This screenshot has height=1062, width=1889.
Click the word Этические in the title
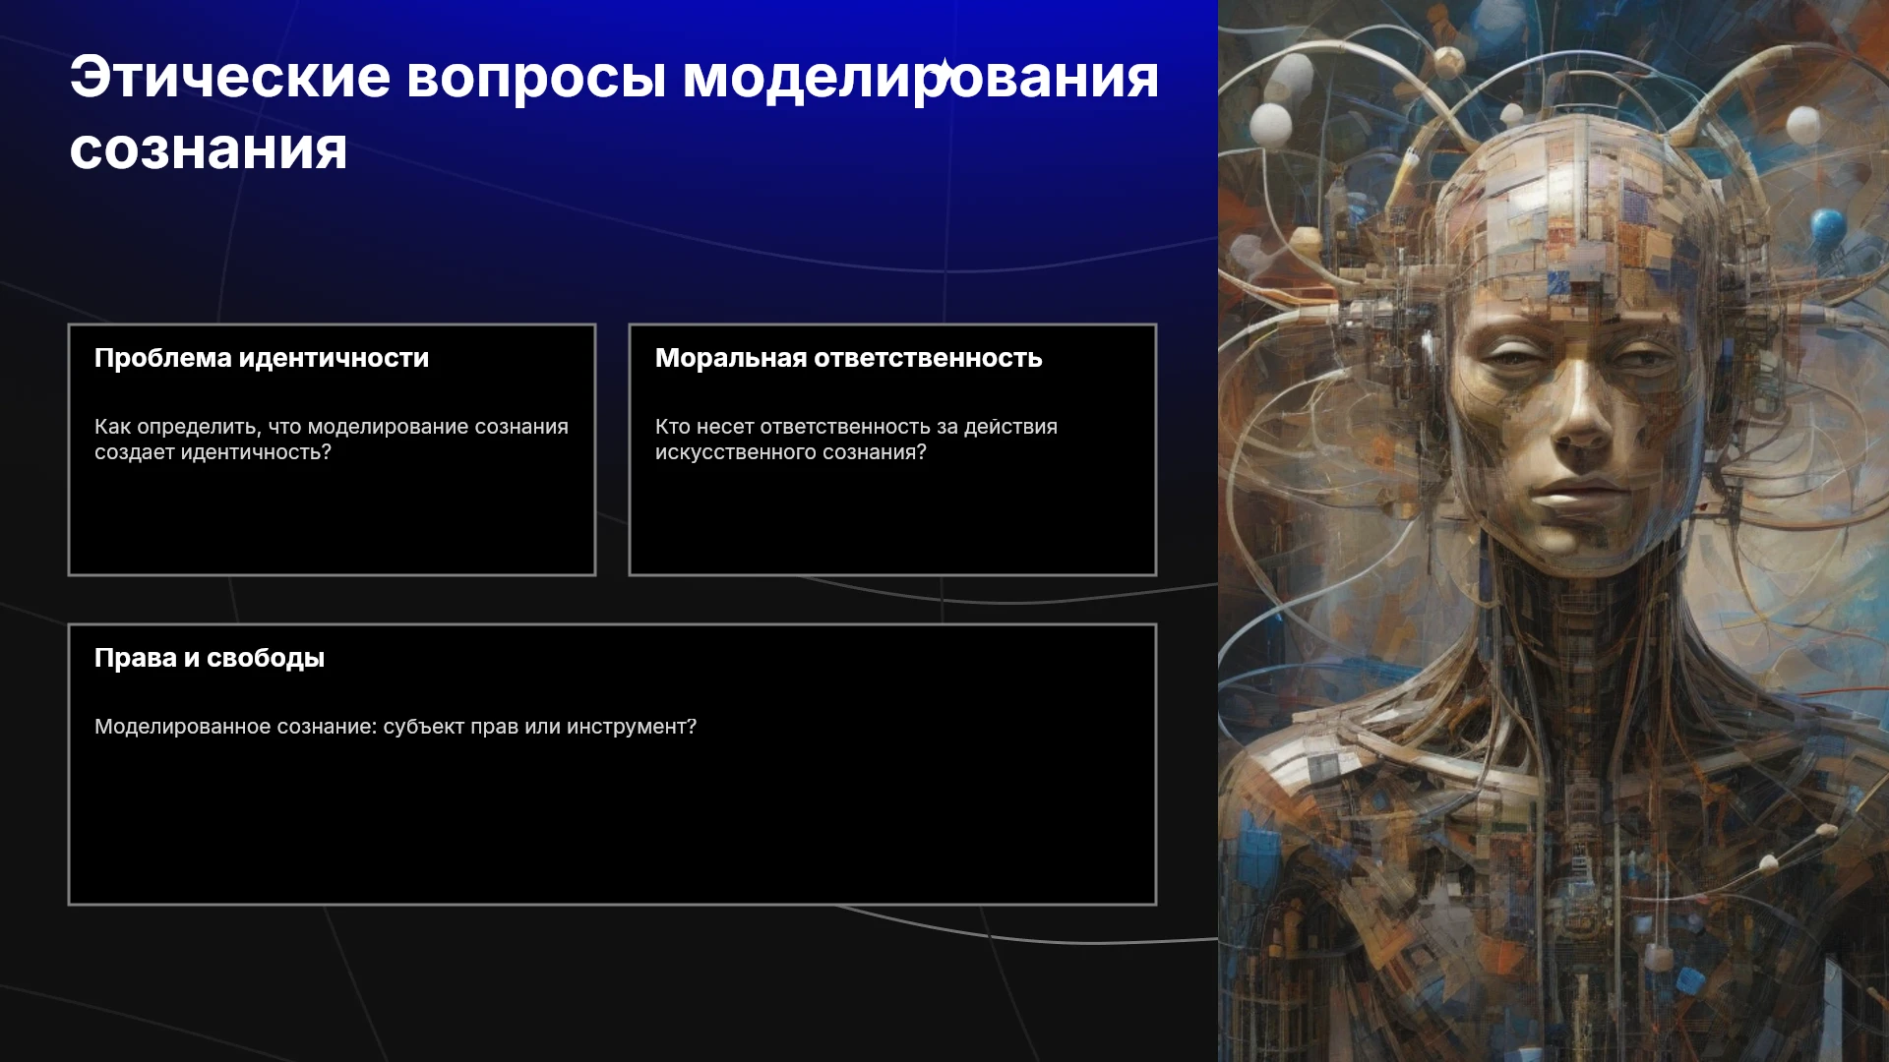[x=230, y=77]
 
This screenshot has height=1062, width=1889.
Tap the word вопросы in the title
[x=537, y=79]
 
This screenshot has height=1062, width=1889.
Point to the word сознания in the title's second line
[x=209, y=149]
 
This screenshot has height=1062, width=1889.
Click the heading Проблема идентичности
[x=262, y=358]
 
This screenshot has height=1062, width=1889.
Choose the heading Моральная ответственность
[x=848, y=358]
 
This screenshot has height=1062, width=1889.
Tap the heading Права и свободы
[x=210, y=658]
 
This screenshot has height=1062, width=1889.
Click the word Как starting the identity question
[x=112, y=427]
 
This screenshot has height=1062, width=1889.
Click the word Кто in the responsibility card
[x=673, y=427]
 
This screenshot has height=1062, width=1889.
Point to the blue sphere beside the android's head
[x=1828, y=225]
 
